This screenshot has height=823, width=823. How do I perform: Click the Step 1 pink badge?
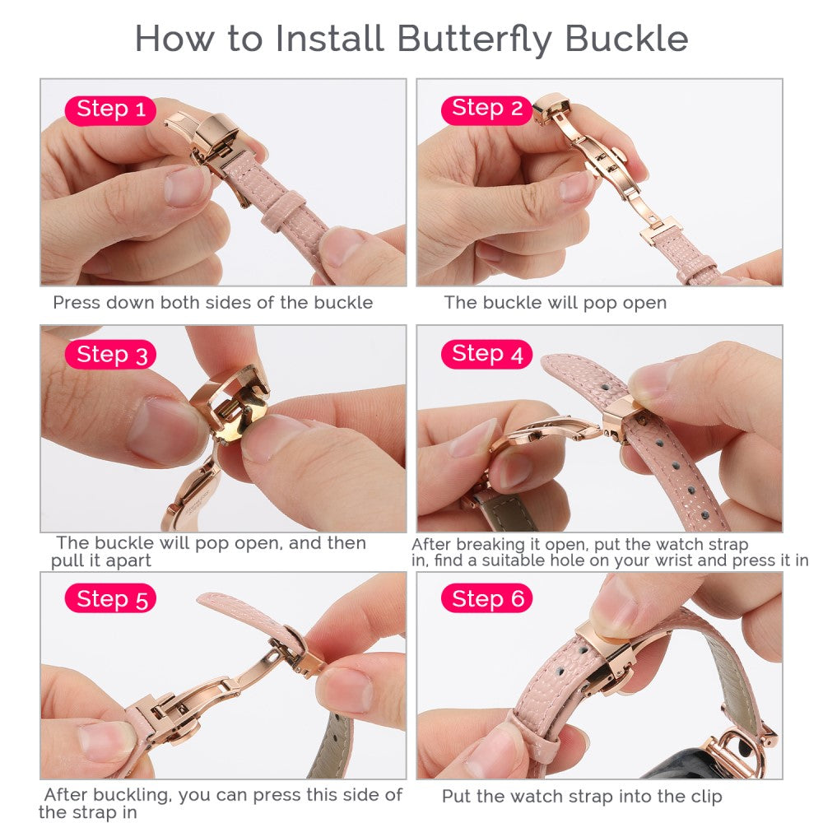(x=110, y=110)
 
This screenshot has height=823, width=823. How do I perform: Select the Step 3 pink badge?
(x=110, y=354)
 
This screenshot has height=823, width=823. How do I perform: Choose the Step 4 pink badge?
(x=486, y=354)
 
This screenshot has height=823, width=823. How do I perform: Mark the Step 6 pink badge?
(x=486, y=597)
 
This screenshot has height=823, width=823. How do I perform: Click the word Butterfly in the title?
(x=474, y=40)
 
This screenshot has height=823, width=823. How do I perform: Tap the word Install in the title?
(x=330, y=39)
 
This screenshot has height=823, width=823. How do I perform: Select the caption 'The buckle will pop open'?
(x=556, y=303)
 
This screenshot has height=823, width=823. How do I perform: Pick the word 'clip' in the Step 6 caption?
(x=706, y=796)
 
